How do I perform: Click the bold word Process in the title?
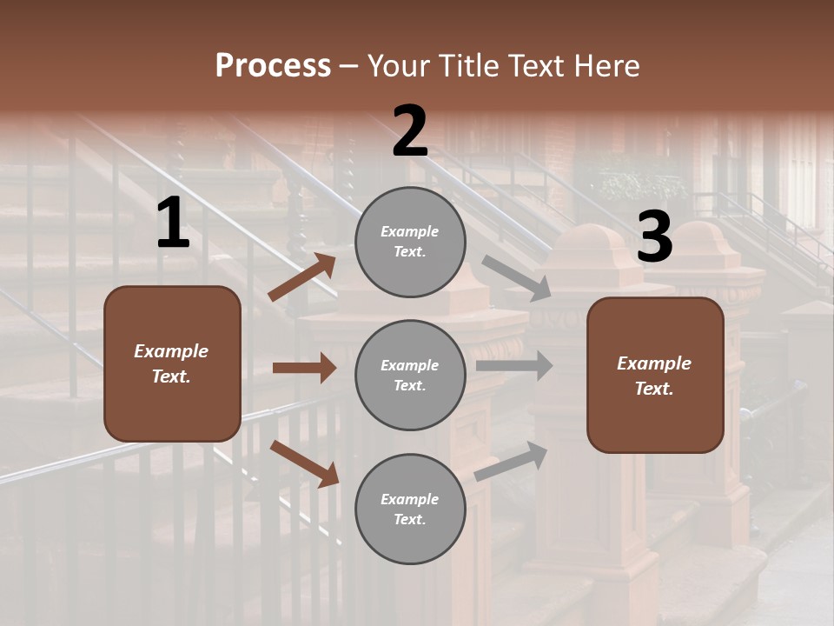coord(273,66)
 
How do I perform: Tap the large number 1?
coord(173,223)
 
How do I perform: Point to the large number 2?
coord(410,132)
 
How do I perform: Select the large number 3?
coord(654,237)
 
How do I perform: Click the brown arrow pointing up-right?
coord(302,277)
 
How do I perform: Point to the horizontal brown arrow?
coord(304,368)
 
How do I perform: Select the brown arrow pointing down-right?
coord(305,463)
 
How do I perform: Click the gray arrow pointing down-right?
coord(516,278)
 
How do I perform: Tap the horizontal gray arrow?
coord(513,365)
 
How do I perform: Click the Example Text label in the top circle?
coord(410,242)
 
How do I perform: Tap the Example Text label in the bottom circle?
coord(410,509)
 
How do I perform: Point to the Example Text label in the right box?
coord(654,376)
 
